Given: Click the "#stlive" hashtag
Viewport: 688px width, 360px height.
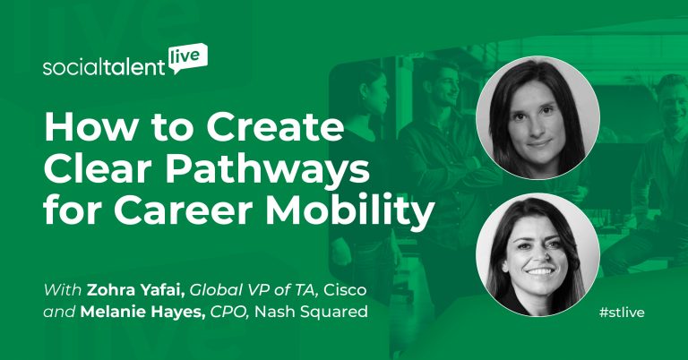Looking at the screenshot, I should [x=622, y=313].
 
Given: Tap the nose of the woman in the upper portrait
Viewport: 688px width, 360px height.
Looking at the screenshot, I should [x=537, y=122].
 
